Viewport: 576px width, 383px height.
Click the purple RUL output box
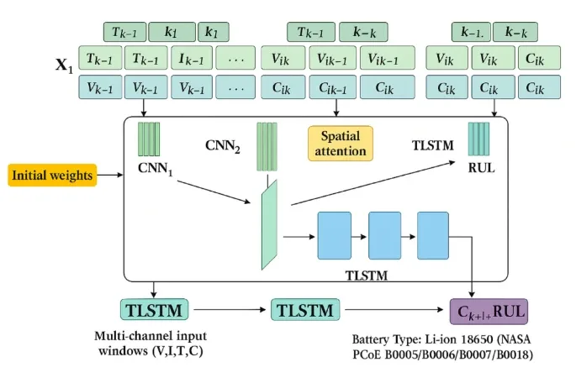click(x=489, y=312)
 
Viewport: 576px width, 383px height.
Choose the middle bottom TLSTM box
click(x=305, y=311)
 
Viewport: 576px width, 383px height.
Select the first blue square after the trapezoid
click(x=334, y=235)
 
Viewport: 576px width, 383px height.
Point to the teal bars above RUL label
click(x=478, y=138)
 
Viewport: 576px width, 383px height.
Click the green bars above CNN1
click(x=149, y=139)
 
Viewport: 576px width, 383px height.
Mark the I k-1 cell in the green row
click(x=189, y=59)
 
